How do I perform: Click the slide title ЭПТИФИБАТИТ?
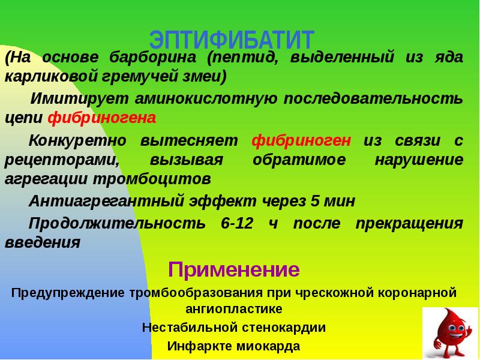click(232, 40)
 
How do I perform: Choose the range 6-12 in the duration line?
click(237, 224)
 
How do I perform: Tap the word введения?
click(43, 243)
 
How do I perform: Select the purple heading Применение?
click(233, 269)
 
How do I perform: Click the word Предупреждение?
click(67, 293)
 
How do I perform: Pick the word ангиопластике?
click(233, 310)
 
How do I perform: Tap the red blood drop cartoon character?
click(451, 332)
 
